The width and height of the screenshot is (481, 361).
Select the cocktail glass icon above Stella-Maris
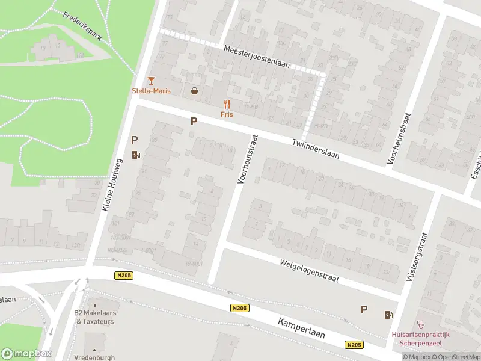[151, 81]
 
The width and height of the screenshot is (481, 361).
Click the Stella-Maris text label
[151, 91]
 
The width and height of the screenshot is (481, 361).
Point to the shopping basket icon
[195, 91]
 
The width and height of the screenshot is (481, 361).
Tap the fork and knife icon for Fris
[227, 104]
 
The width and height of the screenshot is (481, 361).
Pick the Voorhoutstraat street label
[248, 159]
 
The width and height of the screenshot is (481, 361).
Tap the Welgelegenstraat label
[310, 271]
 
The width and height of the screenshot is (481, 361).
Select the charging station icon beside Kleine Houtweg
[136, 155]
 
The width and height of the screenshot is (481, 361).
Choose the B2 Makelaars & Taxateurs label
[95, 317]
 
